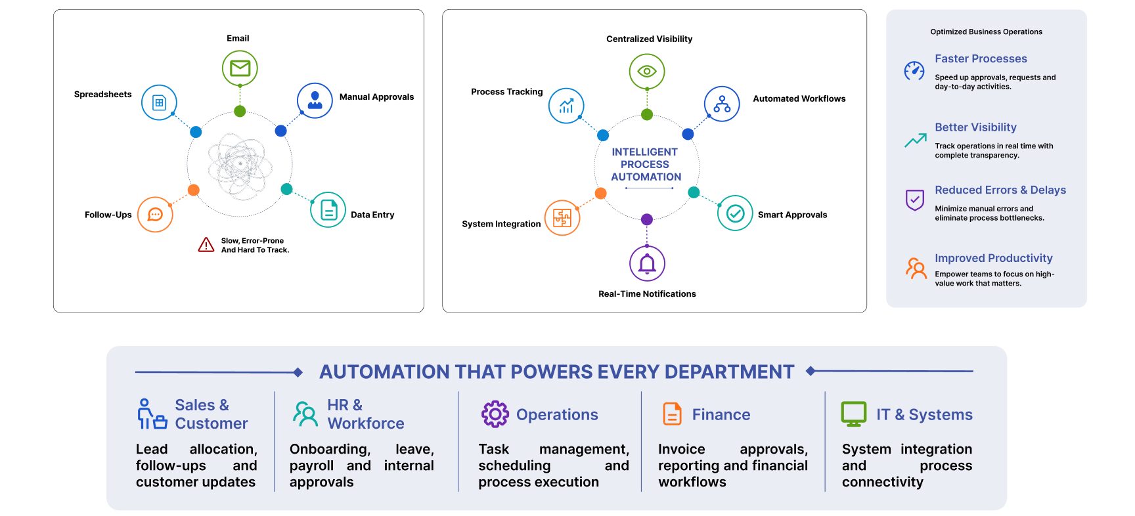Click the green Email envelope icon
coord(240,68)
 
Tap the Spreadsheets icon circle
coord(159,102)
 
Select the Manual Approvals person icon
coord(315,100)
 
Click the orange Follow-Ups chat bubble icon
coord(155,215)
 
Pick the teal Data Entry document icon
coord(328,210)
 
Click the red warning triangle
coord(206,245)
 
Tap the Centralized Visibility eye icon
coord(647,71)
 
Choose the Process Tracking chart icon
coord(566,106)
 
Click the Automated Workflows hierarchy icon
coord(722,104)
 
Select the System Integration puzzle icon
coord(562,218)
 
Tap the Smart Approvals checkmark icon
coord(735,213)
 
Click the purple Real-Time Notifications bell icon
coord(647,263)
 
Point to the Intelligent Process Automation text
coord(646,164)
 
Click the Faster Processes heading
coord(981,58)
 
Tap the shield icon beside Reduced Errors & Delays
coord(915,200)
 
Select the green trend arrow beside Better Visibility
coord(916,140)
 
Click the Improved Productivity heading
coord(993,258)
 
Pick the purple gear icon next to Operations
coord(495,414)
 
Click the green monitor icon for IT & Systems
coord(854,414)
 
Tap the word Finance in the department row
coord(721,414)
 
